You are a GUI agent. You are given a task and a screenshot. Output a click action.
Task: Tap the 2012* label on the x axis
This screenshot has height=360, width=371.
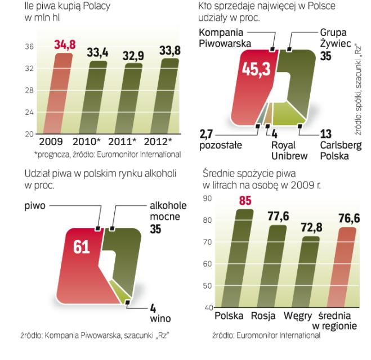[159, 142]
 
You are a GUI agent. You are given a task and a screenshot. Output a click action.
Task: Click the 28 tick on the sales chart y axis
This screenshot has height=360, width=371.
[28, 91]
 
